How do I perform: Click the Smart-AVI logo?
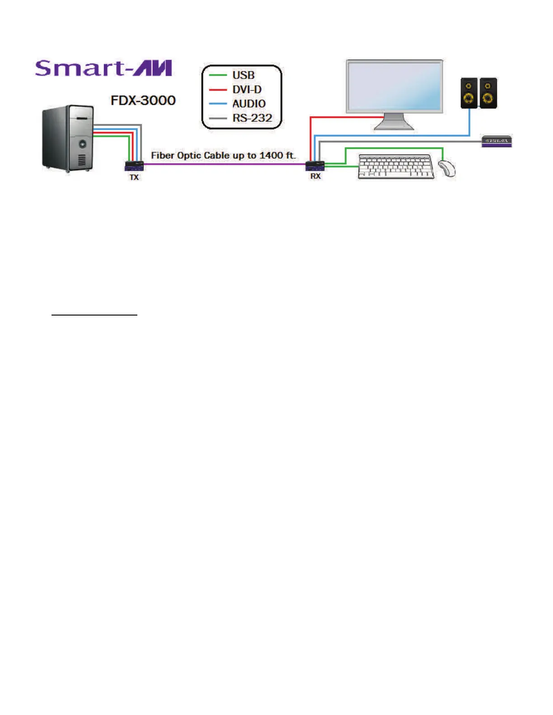pyautogui.click(x=103, y=68)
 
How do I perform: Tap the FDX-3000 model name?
pyautogui.click(x=143, y=100)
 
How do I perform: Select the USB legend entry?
pyautogui.click(x=243, y=75)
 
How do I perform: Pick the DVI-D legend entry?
pyautogui.click(x=247, y=89)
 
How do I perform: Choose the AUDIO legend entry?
pyautogui.click(x=248, y=104)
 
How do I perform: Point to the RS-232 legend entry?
pyautogui.click(x=252, y=118)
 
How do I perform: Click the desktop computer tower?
pyautogui.click(x=68, y=138)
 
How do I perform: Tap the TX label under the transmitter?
pyautogui.click(x=134, y=177)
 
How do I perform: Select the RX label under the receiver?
pyautogui.click(x=315, y=176)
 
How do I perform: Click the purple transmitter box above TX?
pyautogui.click(x=134, y=166)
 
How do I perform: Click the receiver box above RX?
pyautogui.click(x=315, y=166)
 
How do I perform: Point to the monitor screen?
pyautogui.click(x=394, y=86)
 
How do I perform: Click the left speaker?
pyautogui.click(x=469, y=93)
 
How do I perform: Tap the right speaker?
pyautogui.click(x=488, y=93)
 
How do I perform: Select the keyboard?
pyautogui.click(x=396, y=167)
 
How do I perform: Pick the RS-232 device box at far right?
pyautogui.click(x=497, y=141)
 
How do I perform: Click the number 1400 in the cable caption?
pyautogui.click(x=271, y=155)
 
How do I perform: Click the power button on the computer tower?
pyautogui.click(x=83, y=144)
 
